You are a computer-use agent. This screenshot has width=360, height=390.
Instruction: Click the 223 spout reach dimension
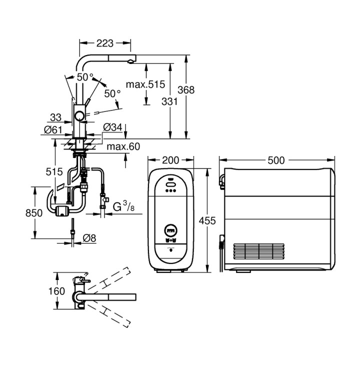point(104,43)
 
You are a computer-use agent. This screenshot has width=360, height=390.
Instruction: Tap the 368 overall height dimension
point(186,90)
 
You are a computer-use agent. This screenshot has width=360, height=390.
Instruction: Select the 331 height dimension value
point(169,101)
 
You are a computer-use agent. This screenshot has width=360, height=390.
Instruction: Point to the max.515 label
point(145,84)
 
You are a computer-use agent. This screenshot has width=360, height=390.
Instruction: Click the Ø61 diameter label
point(53,129)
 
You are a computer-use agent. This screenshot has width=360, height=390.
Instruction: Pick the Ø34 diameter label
point(113,127)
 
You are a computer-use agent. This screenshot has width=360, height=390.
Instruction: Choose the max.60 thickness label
point(123,146)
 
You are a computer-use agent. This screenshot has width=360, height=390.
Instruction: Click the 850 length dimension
point(34,213)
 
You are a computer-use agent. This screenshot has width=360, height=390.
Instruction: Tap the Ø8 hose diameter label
point(89,238)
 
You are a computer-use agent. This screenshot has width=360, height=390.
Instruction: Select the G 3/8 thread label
point(123,206)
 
